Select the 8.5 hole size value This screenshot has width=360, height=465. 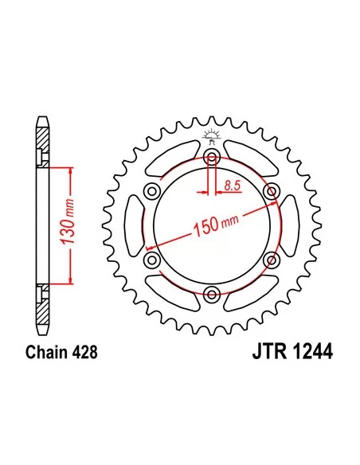tap(233, 186)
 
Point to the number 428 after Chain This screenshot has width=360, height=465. tap(86, 350)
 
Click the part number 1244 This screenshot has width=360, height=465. tap(311, 350)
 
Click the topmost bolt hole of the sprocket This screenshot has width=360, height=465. tap(211, 155)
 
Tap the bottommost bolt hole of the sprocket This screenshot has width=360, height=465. tap(211, 295)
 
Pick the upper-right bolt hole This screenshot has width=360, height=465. tap(272, 190)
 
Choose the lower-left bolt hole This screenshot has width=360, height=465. tap(150, 260)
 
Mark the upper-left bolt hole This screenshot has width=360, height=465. tap(150, 190)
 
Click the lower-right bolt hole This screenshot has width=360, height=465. tap(272, 260)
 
